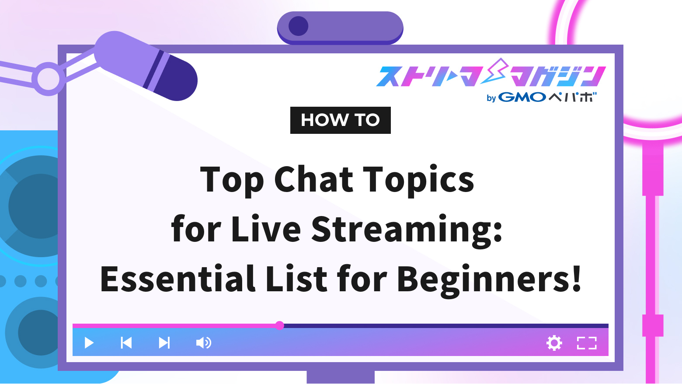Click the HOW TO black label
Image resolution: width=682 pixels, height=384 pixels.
tap(340, 120)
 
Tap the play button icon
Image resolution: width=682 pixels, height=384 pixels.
tap(89, 343)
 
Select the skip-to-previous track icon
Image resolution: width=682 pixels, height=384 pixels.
tap(126, 343)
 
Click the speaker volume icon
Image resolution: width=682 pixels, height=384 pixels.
tap(203, 343)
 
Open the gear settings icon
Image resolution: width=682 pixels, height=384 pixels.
tap(554, 343)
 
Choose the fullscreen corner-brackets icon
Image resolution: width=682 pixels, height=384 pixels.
tap(587, 343)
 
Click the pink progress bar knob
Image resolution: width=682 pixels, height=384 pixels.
tap(280, 325)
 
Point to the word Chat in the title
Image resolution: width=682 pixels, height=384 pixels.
tap(313, 179)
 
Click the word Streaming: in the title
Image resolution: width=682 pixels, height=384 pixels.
tap(407, 230)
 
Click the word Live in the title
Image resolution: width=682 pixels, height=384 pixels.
tap(266, 229)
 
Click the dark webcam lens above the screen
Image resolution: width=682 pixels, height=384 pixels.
tap(299, 26)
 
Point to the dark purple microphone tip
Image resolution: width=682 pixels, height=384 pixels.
tap(177, 79)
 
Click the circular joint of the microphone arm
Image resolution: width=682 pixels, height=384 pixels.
tap(48, 79)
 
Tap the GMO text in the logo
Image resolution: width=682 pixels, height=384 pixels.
tap(522, 97)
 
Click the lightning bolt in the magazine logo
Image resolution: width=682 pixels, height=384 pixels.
tap(496, 72)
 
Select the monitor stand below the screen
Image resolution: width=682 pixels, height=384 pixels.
tap(341, 377)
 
